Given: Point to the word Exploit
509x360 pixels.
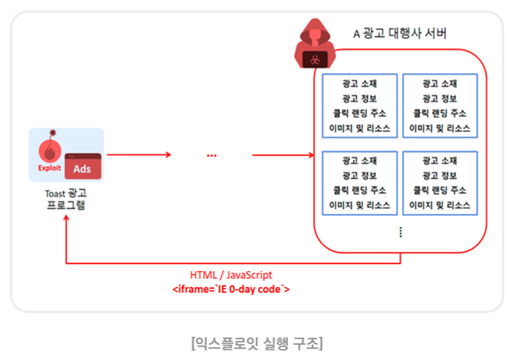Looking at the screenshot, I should (49, 166).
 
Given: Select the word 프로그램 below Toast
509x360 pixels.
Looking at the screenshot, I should (66, 205).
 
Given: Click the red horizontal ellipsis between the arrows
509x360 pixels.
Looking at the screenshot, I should (213, 156).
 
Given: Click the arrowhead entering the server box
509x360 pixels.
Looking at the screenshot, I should (308, 155).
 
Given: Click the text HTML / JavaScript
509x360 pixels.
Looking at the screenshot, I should (231, 275).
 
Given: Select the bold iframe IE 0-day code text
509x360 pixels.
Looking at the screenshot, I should (231, 289).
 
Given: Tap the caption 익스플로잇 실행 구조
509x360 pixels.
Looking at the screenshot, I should (255, 341).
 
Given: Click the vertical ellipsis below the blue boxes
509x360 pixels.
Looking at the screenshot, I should (400, 232).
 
